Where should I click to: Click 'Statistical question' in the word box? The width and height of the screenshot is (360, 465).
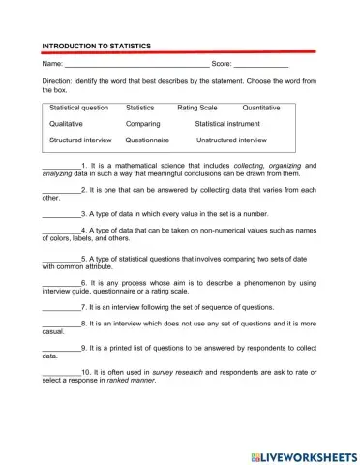click(x=79, y=108)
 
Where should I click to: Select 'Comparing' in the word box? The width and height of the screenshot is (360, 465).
click(x=143, y=124)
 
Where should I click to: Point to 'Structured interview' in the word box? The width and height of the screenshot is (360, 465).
click(x=80, y=140)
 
